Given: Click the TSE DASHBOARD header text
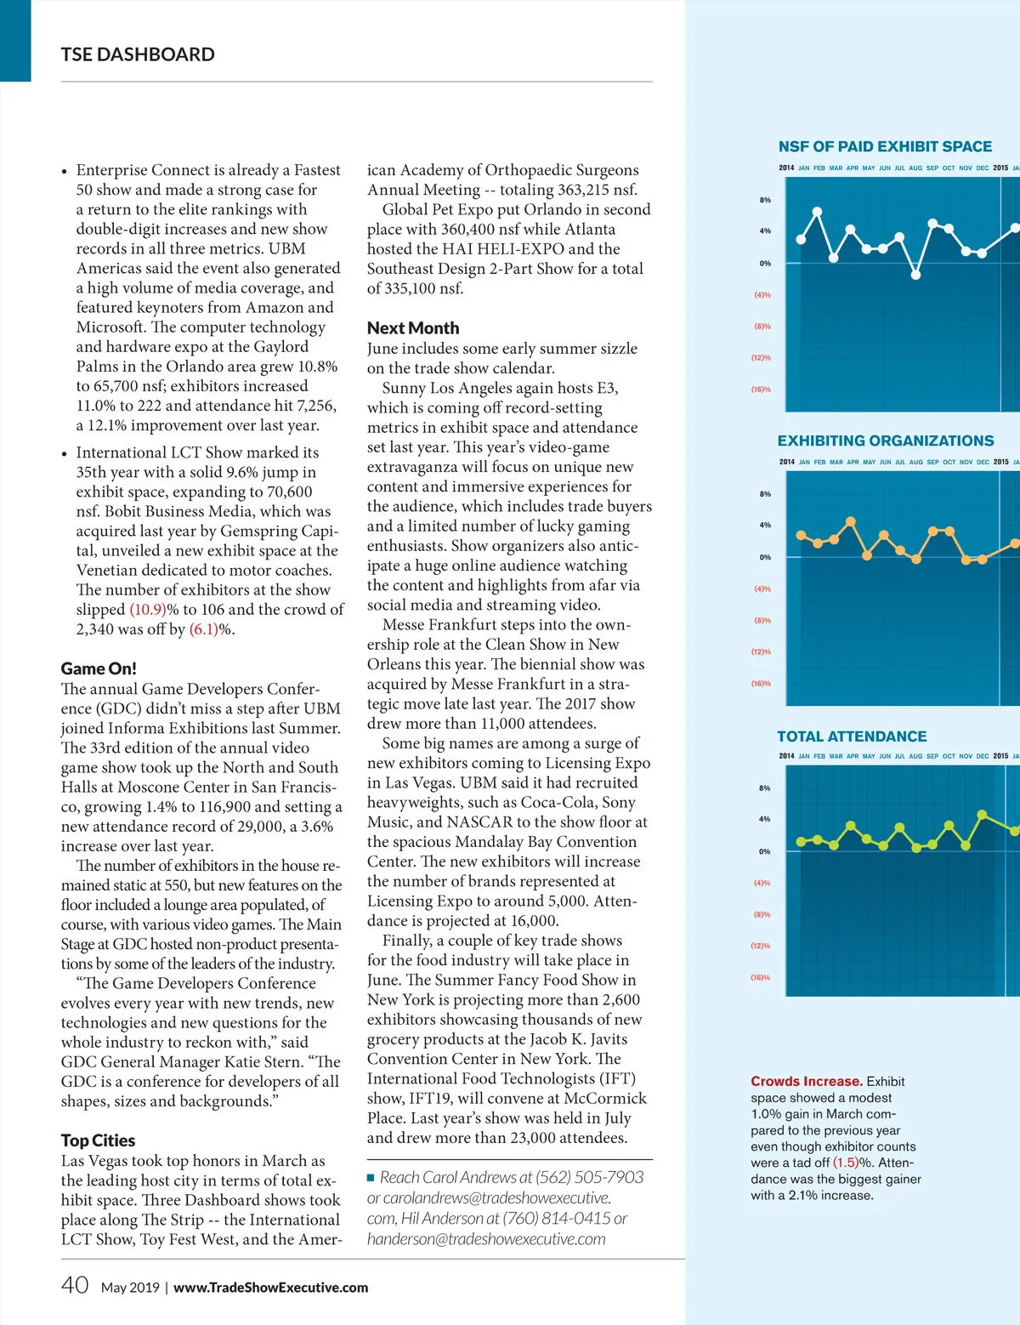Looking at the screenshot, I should click(x=138, y=54).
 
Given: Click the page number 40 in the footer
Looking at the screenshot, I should click(x=75, y=1284).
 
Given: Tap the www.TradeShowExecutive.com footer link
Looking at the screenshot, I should click(x=270, y=1288).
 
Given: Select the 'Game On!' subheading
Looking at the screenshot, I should click(x=99, y=668).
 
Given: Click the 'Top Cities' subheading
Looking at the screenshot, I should click(x=98, y=1140).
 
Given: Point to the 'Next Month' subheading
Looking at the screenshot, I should click(x=413, y=328).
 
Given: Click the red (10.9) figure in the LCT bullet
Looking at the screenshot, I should click(x=148, y=610).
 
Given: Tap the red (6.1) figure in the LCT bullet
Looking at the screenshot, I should click(x=204, y=629).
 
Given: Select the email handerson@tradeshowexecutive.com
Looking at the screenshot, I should click(x=486, y=1239).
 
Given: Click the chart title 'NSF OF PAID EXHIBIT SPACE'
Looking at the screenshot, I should click(x=885, y=146).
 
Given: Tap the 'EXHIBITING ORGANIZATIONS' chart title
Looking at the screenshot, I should click(x=885, y=441).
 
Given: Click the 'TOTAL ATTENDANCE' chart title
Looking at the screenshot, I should click(x=852, y=736).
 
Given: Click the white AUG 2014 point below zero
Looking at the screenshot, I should click(x=915, y=274).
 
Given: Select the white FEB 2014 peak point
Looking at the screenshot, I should click(x=818, y=212).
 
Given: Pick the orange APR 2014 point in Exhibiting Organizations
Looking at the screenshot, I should click(x=851, y=521).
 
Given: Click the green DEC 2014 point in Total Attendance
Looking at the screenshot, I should click(x=983, y=815).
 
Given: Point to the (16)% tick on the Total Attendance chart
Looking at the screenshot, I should click(x=760, y=978).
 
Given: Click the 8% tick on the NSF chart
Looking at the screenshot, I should click(x=765, y=200).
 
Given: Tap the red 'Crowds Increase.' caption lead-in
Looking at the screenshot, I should click(x=806, y=1082).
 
